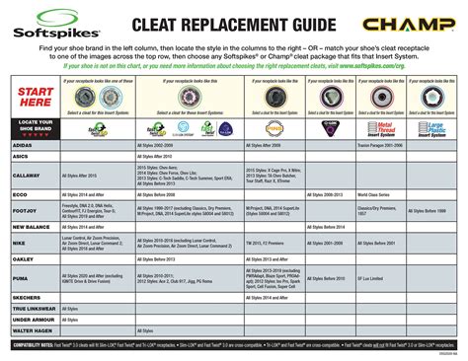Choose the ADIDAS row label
pos(26,145)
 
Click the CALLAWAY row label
pos(29,175)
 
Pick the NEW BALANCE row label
pos(33,228)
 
